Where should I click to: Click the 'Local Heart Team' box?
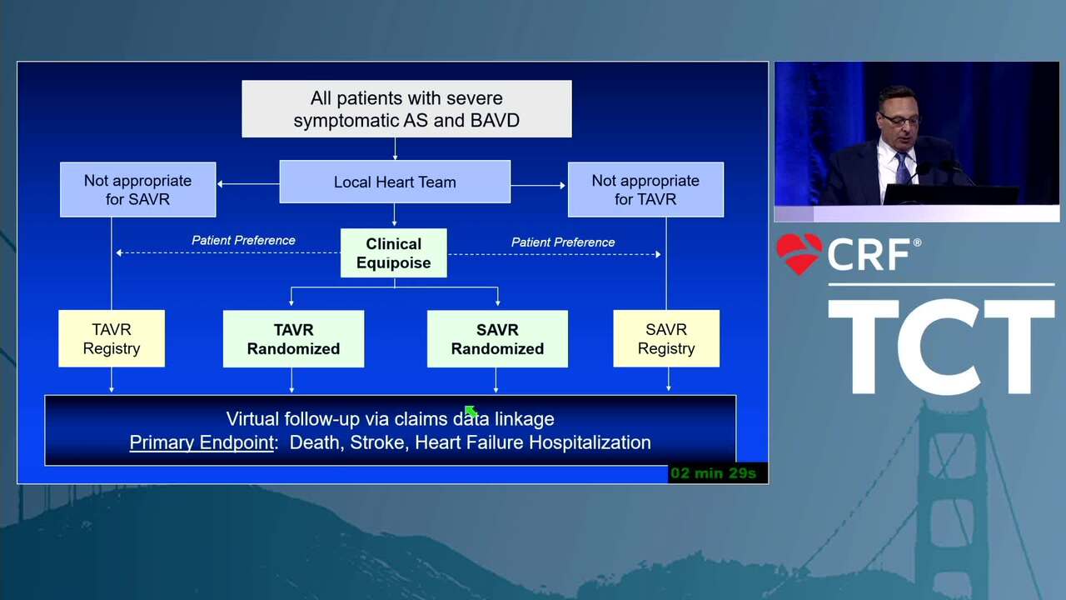395,182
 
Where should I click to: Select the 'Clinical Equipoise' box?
394,252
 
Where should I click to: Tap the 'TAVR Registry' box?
112,338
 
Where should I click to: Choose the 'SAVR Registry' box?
666,338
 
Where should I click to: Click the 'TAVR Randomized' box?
294,339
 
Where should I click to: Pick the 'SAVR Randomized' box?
497,339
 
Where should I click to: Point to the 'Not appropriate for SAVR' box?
138,189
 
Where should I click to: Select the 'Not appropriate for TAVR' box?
645,189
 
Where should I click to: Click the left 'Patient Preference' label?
243,241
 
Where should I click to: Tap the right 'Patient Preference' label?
563,242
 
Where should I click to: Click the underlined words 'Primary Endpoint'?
202,442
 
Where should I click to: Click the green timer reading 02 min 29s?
713,473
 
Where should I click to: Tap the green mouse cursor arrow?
471,411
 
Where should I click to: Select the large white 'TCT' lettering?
941,347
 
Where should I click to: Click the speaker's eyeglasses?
901,119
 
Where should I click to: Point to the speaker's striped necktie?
902,168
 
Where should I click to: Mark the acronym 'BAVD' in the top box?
495,121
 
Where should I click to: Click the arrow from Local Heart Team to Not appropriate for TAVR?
538,185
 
